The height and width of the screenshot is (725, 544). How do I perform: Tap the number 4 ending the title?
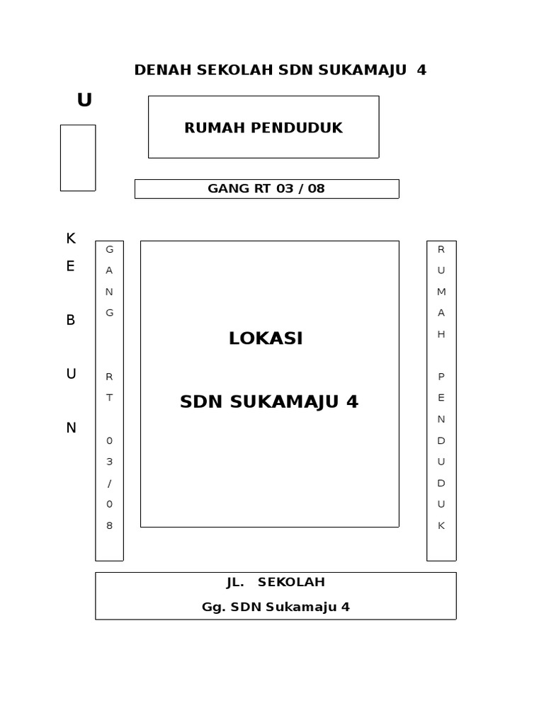422,70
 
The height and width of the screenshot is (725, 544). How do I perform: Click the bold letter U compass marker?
84,101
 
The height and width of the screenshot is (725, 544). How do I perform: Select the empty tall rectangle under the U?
78,158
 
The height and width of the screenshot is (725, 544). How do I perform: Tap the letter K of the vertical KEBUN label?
71,239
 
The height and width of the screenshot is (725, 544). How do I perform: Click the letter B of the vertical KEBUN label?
71,320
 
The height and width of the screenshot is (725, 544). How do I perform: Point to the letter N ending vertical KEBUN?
71,428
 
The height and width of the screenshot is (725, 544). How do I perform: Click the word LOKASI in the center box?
266,338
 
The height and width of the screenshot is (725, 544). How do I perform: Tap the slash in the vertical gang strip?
110,483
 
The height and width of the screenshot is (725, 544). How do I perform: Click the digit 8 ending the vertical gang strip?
110,525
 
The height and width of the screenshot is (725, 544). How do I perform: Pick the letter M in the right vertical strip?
441,292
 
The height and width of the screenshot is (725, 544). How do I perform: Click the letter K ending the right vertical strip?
441,525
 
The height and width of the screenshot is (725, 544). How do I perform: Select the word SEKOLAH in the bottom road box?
291,582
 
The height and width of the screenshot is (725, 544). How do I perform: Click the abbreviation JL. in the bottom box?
235,582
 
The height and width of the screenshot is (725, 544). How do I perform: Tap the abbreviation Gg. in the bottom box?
213,607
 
